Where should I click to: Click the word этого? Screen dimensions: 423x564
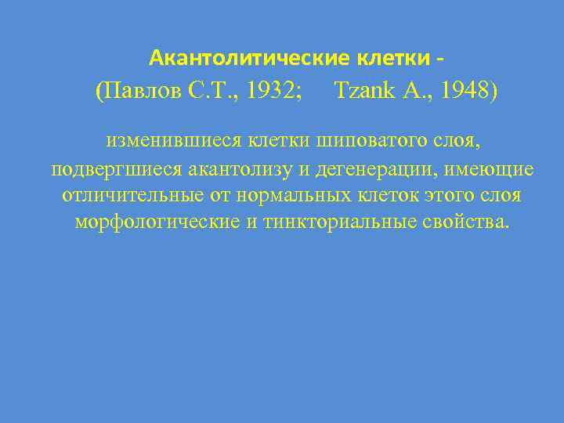[x=447, y=195]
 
